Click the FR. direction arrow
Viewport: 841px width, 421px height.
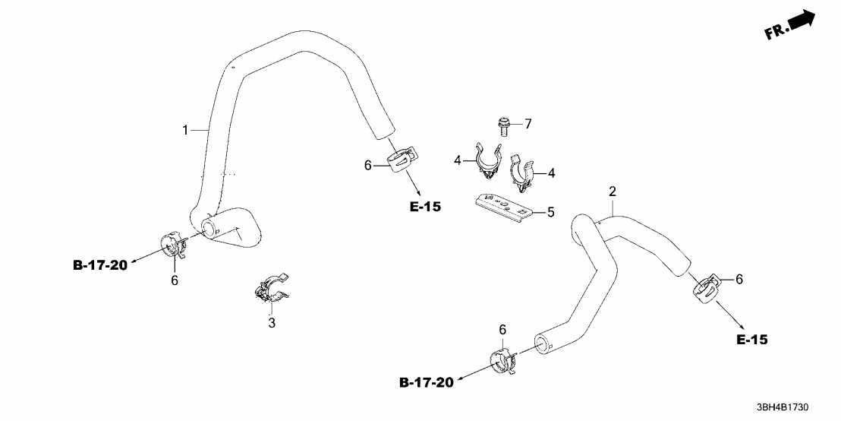pyautogui.click(x=791, y=24)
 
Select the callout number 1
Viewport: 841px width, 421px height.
pyautogui.click(x=184, y=131)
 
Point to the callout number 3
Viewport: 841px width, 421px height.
pyautogui.click(x=272, y=324)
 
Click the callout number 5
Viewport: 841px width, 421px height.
pyautogui.click(x=551, y=212)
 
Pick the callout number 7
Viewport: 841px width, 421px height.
pyautogui.click(x=529, y=123)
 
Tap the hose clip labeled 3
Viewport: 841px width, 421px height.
pyautogui.click(x=272, y=291)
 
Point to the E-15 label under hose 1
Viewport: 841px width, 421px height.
pyautogui.click(x=425, y=206)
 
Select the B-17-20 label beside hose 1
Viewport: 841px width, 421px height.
pyautogui.click(x=102, y=264)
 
